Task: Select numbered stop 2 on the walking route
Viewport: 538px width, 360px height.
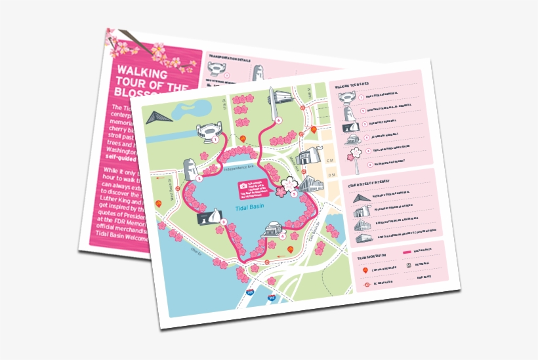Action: [199, 178]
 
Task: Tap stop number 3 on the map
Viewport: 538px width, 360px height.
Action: [224, 222]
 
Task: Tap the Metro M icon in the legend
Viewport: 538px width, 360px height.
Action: [408, 265]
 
